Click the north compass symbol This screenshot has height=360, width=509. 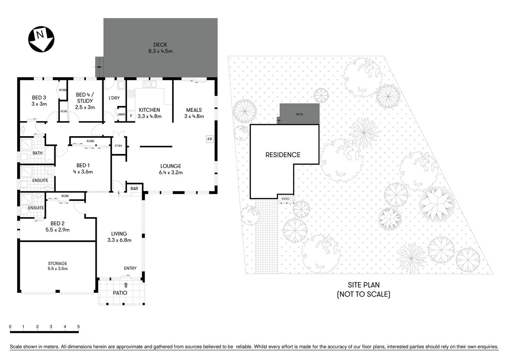[x=41, y=38]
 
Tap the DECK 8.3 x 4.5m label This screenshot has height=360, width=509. [x=160, y=48]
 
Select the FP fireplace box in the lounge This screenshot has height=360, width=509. [x=210, y=139]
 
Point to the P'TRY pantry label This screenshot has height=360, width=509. [x=118, y=146]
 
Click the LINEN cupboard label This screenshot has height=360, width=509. [x=121, y=114]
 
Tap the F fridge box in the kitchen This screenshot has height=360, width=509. [x=131, y=116]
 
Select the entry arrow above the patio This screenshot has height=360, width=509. [x=126, y=285]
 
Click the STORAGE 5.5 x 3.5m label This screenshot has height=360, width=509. [x=57, y=266]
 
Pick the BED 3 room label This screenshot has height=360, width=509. [x=39, y=101]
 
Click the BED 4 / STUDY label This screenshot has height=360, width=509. [x=85, y=101]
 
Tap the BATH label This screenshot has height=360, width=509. [x=37, y=153]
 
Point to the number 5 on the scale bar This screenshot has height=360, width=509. [x=78, y=327]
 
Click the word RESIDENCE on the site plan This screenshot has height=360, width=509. [x=283, y=154]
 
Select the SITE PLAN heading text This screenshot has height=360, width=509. [x=364, y=285]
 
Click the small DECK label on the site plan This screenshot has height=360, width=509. [x=299, y=114]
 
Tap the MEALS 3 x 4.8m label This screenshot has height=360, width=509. [x=194, y=113]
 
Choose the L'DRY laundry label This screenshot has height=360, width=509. [x=114, y=98]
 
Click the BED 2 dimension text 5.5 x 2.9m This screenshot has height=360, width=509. [x=57, y=230]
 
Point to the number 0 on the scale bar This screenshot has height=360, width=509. [x=10, y=327]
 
